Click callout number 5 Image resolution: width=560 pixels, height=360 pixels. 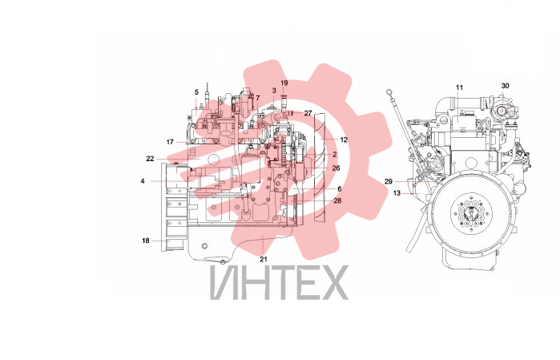tap(196, 92)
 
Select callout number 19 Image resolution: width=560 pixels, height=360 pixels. tap(284, 83)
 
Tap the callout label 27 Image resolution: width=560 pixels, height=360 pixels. tap(308, 113)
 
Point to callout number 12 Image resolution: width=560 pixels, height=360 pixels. tap(344, 140)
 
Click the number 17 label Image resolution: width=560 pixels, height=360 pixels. tap(170, 142)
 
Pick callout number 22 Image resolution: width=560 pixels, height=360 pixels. tap(150, 159)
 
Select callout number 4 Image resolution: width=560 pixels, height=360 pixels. tap(143, 181)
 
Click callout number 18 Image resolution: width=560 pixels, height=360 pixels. tap(145, 241)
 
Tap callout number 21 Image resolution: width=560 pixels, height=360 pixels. tap(264, 259)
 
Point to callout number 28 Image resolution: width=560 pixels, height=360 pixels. tap(337, 200)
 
